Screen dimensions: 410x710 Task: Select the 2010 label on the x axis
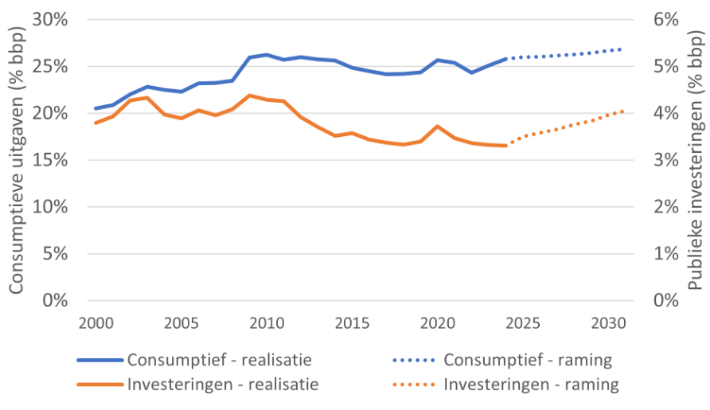click(x=267, y=322)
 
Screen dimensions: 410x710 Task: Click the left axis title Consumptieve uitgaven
click(x=18, y=159)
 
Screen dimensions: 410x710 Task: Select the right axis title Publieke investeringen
click(x=695, y=159)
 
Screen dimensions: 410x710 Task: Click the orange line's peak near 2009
click(x=250, y=96)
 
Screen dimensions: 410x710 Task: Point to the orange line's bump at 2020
click(x=438, y=126)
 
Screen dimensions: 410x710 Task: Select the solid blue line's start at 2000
click(x=96, y=108)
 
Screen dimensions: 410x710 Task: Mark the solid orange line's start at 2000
click(x=96, y=123)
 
